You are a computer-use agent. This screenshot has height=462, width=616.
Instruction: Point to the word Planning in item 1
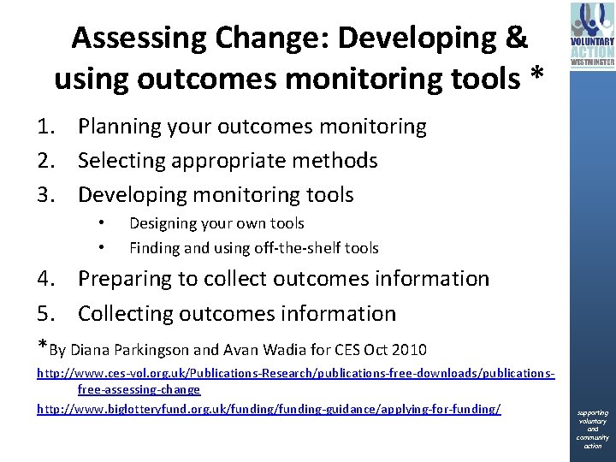pos(123,127)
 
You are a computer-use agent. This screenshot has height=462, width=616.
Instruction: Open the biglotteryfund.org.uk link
pos(268,409)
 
